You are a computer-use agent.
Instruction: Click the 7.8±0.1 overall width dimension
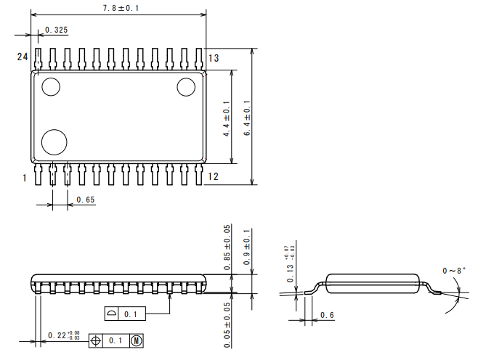click(x=121, y=8)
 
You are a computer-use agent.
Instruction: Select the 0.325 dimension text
click(x=57, y=30)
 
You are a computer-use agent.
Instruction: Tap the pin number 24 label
click(x=23, y=57)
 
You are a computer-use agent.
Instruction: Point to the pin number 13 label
click(x=214, y=58)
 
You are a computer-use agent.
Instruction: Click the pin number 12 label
click(x=214, y=176)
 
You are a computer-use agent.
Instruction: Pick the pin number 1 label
click(x=25, y=178)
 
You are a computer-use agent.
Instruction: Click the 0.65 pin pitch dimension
click(x=86, y=200)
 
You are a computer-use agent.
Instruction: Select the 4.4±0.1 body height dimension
click(x=227, y=118)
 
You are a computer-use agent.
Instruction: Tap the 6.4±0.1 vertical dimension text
click(x=247, y=118)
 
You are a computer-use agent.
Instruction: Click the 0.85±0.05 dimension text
click(x=227, y=247)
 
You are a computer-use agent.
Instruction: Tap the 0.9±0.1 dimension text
click(x=247, y=247)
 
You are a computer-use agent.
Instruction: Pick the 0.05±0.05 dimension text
click(x=227, y=325)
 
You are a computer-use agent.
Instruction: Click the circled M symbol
click(x=137, y=341)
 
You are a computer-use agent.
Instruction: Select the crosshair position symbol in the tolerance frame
click(x=96, y=341)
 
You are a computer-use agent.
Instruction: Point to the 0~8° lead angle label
click(x=454, y=271)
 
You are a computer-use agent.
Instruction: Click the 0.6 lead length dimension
click(x=327, y=315)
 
